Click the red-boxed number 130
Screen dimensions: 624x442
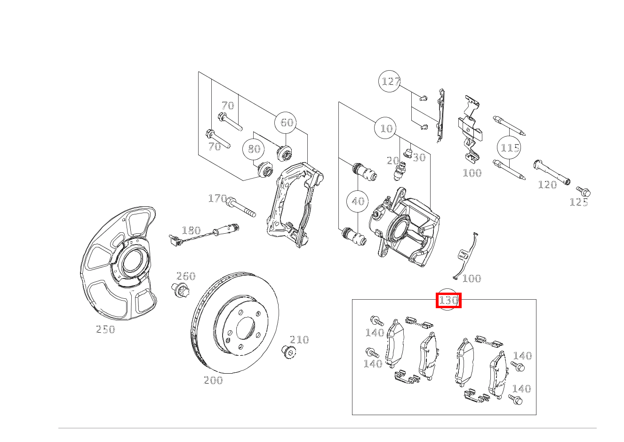pyautogui.click(x=448, y=300)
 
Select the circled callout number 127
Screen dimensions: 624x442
pyautogui.click(x=390, y=82)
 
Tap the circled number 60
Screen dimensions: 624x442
pyautogui.click(x=286, y=123)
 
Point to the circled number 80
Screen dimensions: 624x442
pyautogui.click(x=254, y=149)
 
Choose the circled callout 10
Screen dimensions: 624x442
pyautogui.click(x=385, y=128)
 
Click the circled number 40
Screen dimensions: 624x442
pyautogui.click(x=357, y=201)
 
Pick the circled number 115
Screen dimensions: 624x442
pyautogui.click(x=509, y=147)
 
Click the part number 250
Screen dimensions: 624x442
pyautogui.click(x=105, y=329)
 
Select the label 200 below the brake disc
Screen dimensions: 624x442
pyautogui.click(x=213, y=380)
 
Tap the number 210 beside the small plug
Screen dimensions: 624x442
pyautogui.click(x=299, y=340)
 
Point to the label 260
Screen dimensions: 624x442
pyautogui.click(x=186, y=276)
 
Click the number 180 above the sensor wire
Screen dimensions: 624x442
pyautogui.click(x=191, y=230)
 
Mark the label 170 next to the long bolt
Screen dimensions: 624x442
pyautogui.click(x=217, y=198)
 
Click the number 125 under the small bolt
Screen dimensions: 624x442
pyautogui.click(x=579, y=202)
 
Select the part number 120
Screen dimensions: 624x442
pyautogui.click(x=547, y=185)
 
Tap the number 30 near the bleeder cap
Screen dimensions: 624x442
pyautogui.click(x=419, y=157)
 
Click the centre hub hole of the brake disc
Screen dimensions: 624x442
pyautogui.click(x=246, y=328)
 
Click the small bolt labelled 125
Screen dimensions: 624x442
pyautogui.click(x=584, y=191)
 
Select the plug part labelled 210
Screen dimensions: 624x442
pyautogui.click(x=288, y=352)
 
